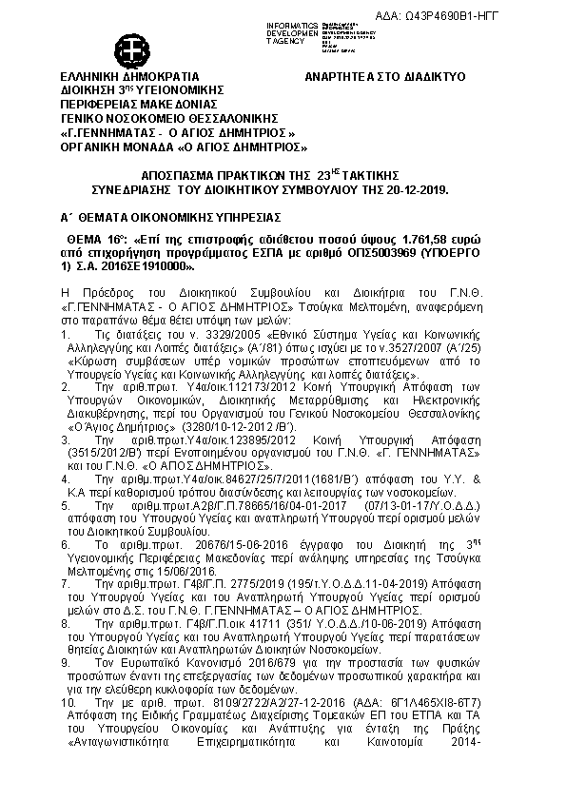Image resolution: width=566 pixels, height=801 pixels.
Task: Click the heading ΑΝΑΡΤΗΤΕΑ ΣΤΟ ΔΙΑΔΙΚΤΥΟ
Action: pos(382,73)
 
